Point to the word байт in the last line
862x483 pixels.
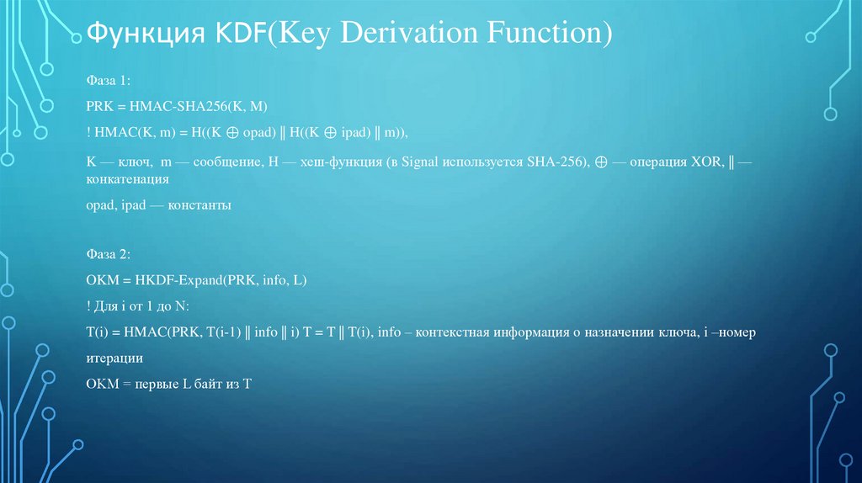click(202, 384)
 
